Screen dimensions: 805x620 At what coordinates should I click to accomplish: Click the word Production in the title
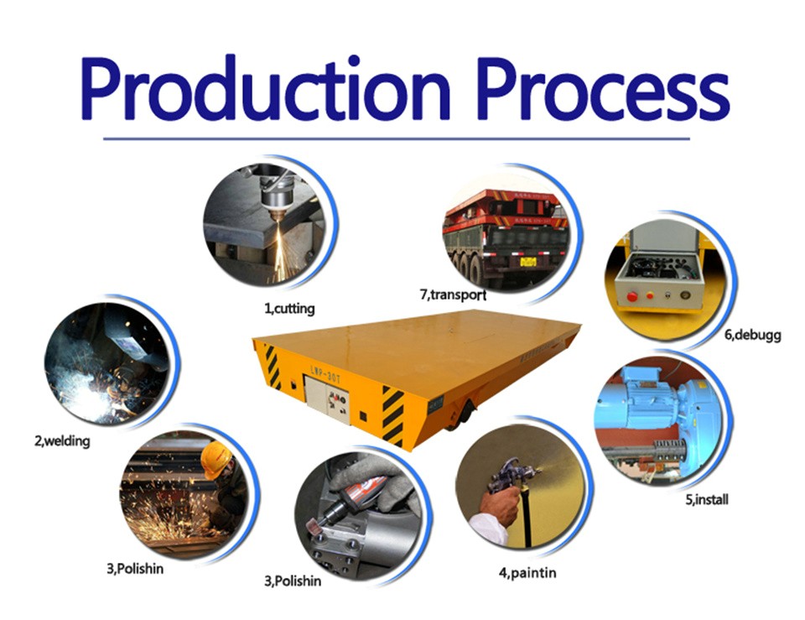tap(265, 89)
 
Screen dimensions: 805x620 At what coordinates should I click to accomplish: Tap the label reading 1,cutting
tap(289, 308)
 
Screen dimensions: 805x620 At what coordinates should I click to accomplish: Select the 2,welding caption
tap(62, 440)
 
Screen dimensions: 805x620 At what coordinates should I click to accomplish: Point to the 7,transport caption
tap(453, 294)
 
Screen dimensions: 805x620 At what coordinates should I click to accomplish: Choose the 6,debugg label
tap(753, 335)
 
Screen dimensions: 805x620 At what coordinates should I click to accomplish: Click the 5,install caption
tap(707, 499)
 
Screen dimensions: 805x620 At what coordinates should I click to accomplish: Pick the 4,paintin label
tap(527, 572)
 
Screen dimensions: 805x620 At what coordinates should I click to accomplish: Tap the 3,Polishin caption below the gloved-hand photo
tap(293, 581)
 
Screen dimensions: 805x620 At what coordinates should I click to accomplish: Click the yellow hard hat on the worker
tap(216, 458)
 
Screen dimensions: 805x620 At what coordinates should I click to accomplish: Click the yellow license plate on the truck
tap(527, 262)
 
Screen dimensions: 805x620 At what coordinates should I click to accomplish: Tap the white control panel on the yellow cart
tap(327, 399)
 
